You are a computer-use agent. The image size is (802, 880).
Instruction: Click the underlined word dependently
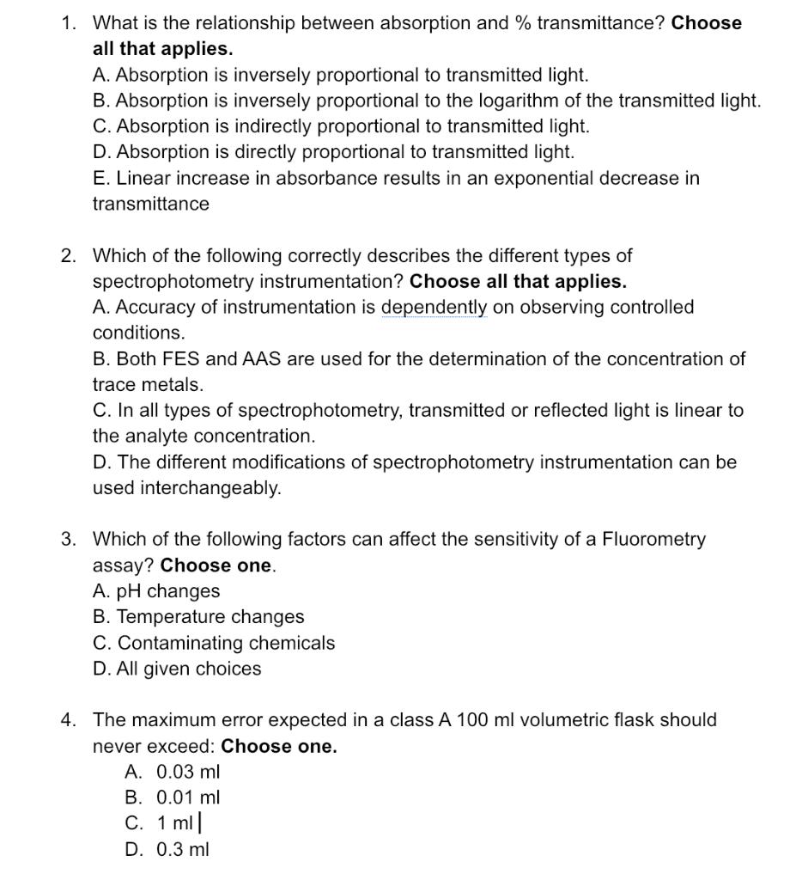434,308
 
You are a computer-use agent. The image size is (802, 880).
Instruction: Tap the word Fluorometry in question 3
653,540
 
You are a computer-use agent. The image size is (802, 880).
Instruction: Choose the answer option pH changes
156,591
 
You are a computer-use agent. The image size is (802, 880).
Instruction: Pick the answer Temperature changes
198,617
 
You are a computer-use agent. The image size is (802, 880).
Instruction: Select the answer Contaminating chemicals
214,643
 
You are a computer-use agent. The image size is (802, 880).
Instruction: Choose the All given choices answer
177,669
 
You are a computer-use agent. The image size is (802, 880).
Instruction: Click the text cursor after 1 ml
199,823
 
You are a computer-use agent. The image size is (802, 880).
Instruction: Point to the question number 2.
67,256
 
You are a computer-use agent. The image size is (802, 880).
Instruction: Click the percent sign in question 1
522,23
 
